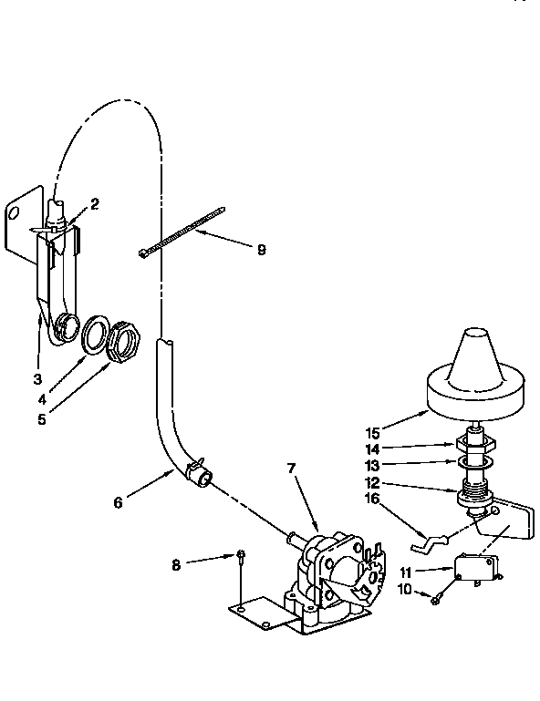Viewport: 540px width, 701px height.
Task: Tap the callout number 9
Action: click(x=261, y=249)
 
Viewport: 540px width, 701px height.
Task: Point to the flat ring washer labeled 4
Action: click(x=94, y=335)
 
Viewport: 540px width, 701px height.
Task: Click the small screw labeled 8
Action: click(x=240, y=555)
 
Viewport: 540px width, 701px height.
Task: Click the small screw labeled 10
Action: click(x=437, y=597)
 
